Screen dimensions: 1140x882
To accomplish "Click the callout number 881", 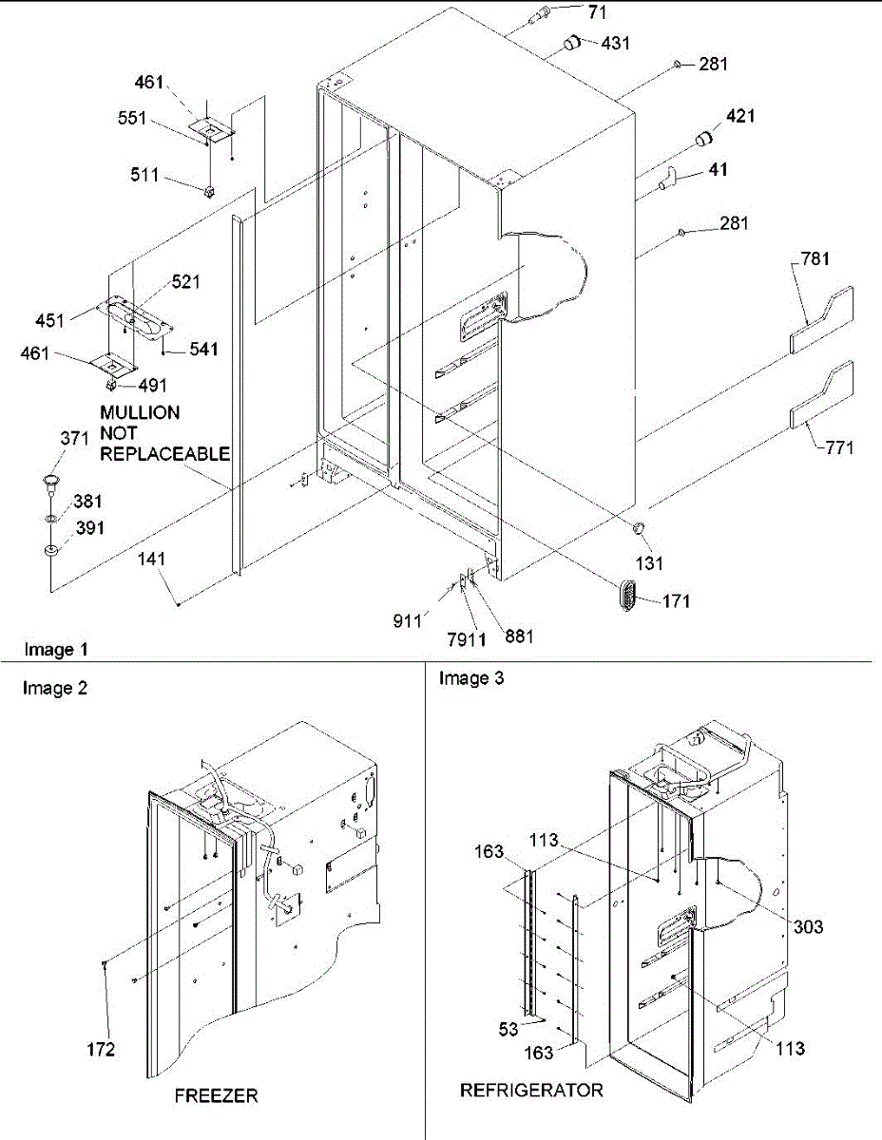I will (519, 636).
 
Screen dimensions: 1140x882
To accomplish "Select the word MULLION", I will (140, 414).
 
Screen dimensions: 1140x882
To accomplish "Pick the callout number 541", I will (202, 349).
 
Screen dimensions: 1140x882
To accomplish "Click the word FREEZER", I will (216, 1095).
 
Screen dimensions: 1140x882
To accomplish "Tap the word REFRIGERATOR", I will (531, 1090).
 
